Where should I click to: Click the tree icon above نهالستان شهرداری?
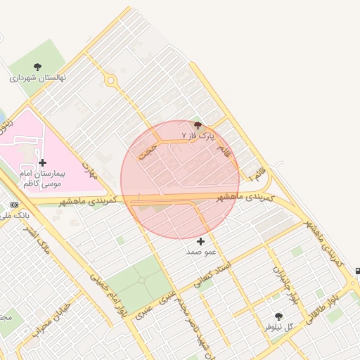click(37, 67)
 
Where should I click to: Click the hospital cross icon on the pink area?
click(43, 162)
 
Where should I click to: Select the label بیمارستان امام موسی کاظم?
click(43, 178)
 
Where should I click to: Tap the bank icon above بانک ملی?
click(15, 205)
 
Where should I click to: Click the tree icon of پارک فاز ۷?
click(198, 124)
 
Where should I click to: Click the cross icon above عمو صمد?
click(200, 241)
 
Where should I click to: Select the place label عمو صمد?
click(200, 251)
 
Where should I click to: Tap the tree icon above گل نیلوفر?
click(278, 317)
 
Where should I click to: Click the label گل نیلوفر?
click(278, 327)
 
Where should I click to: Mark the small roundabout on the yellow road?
click(110, 80)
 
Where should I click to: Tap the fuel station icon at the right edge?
click(357, 271)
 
